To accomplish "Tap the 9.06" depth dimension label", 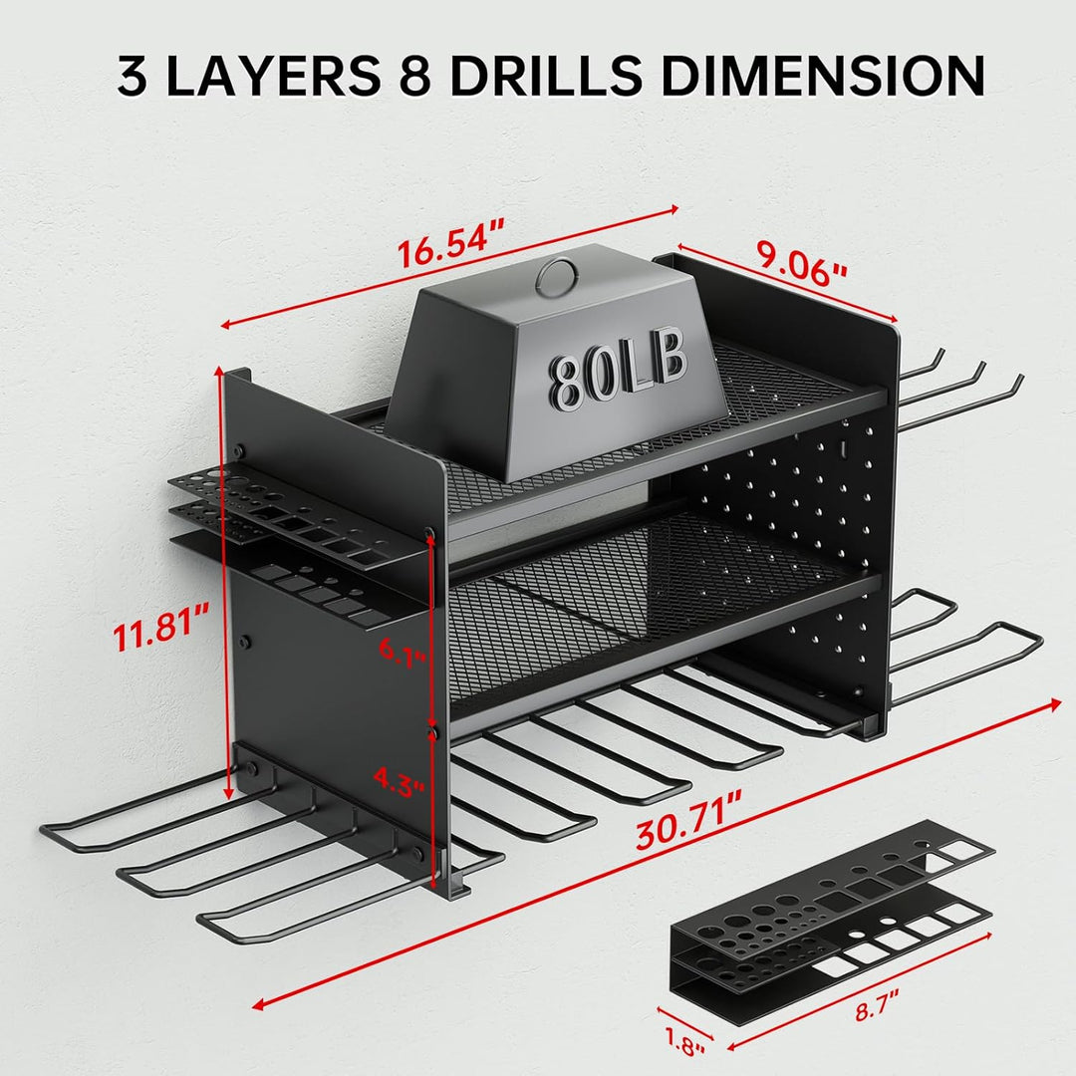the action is (x=802, y=262).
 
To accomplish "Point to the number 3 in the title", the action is (x=133, y=76).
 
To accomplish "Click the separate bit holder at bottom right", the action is (x=832, y=906).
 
